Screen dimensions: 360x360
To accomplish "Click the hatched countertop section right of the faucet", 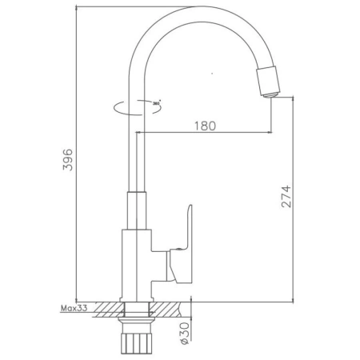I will point(172,308).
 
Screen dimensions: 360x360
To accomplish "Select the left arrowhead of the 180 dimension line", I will point(142,131).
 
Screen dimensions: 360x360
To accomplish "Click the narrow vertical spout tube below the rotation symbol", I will point(138,152).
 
